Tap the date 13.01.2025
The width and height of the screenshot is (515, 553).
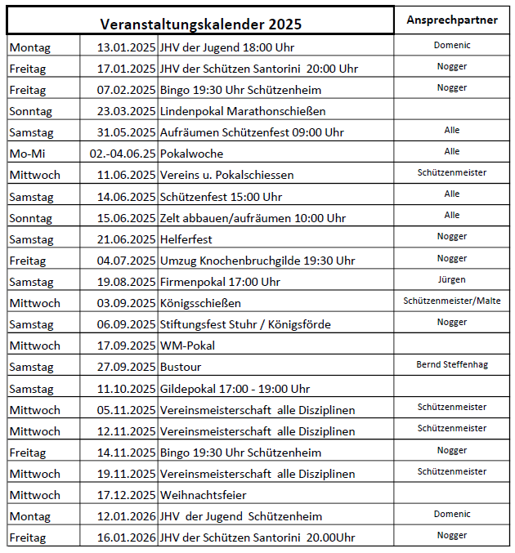pos(126,47)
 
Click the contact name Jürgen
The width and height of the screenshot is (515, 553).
pos(452,279)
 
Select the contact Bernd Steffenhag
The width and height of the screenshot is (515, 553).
pos(452,364)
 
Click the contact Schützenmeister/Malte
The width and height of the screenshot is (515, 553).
pos(452,301)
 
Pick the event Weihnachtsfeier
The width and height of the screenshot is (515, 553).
pos(203,495)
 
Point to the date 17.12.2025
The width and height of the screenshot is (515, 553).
pos(126,495)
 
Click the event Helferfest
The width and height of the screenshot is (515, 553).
pos(187,239)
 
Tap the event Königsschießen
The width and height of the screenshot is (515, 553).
pos(199,303)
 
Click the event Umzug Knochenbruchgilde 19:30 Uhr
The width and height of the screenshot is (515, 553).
pos(257,261)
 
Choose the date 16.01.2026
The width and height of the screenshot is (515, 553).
pos(126,537)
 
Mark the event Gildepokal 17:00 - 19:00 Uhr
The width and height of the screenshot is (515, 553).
pos(235,389)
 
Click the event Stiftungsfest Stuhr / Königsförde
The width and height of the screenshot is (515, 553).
pos(244,324)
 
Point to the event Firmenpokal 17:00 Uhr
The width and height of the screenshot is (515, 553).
pos(219,282)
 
